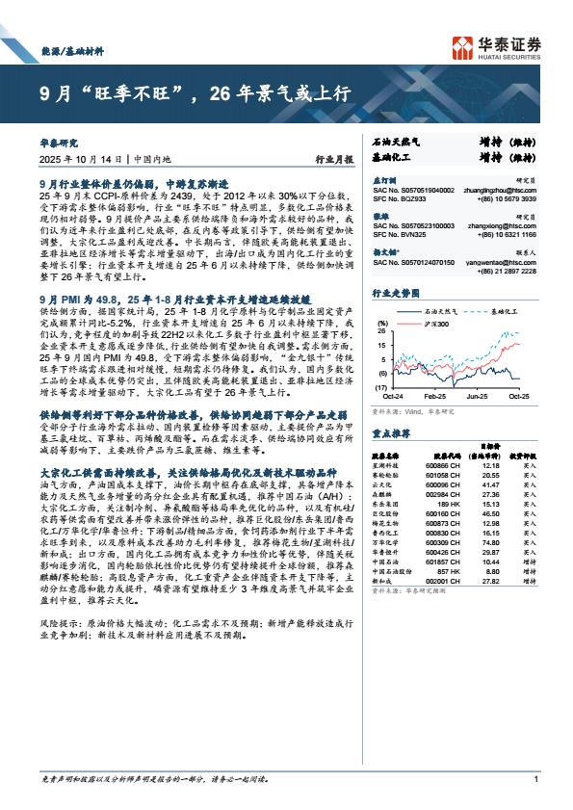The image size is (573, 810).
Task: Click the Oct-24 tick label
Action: click(x=391, y=396)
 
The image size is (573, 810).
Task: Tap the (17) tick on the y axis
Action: click(x=381, y=386)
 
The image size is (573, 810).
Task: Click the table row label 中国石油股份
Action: click(x=388, y=571)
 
